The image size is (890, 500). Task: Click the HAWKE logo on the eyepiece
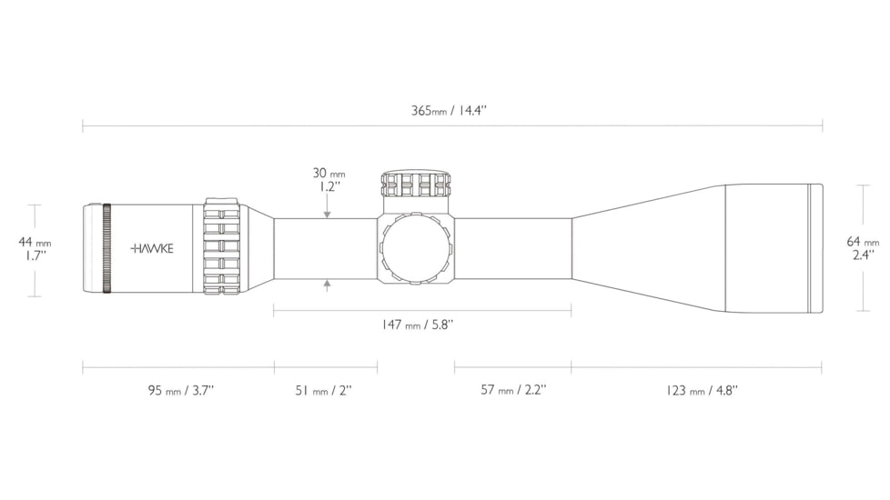click(x=152, y=248)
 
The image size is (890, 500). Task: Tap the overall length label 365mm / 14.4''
click(x=449, y=110)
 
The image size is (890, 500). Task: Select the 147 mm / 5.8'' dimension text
click(x=417, y=325)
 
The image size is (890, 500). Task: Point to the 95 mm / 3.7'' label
click(x=181, y=391)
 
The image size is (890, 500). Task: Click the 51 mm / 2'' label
click(x=324, y=391)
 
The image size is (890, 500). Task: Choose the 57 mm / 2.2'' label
click(x=513, y=390)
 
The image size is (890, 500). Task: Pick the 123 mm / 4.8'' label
click(x=703, y=391)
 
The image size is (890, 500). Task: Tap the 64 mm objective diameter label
click(x=863, y=242)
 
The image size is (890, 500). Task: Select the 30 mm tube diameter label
click(x=329, y=173)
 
